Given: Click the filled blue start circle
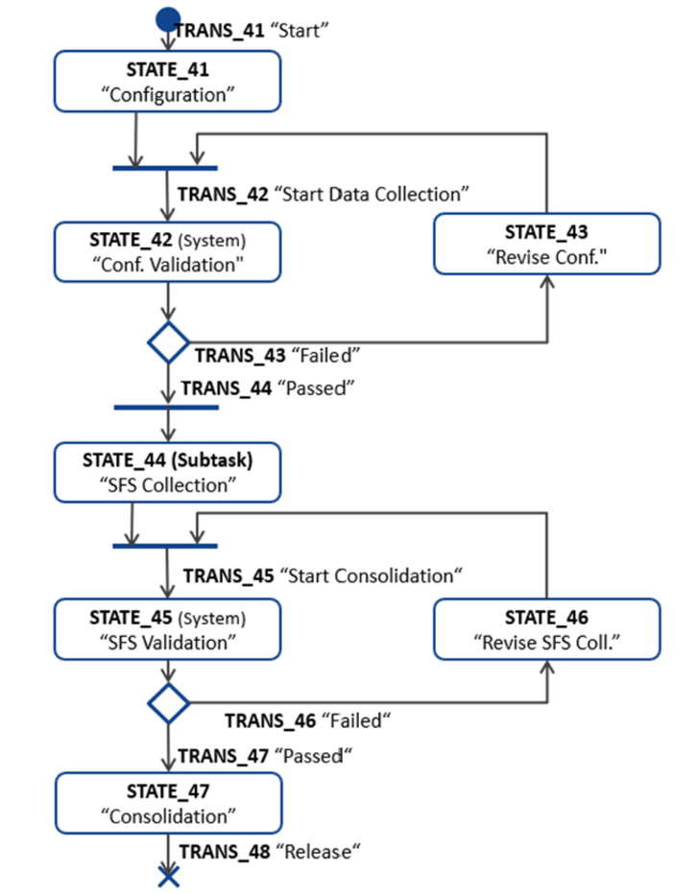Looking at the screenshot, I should pyautogui.click(x=168, y=17).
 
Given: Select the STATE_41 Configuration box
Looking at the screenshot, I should pyautogui.click(x=168, y=82).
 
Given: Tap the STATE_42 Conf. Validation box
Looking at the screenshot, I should pyautogui.click(x=168, y=252).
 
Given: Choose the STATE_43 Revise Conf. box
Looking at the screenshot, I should pyautogui.click(x=546, y=244).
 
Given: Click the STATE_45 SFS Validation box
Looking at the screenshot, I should pyautogui.click(x=168, y=628).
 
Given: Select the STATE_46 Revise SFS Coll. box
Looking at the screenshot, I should pyautogui.click(x=546, y=628).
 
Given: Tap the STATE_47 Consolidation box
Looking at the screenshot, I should pyautogui.click(x=168, y=804).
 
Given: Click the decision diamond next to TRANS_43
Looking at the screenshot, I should pyautogui.click(x=168, y=342).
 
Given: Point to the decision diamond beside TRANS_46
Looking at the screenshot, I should pyautogui.click(x=168, y=703).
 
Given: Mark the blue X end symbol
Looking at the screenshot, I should pyautogui.click(x=168, y=875).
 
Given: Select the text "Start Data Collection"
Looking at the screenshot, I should pyautogui.click(x=372, y=194).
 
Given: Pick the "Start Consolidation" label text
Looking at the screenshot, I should pyautogui.click(x=371, y=576).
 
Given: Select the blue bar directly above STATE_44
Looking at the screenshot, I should pyautogui.click(x=165, y=408).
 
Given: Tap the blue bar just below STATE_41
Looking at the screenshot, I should pyautogui.click(x=165, y=168).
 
